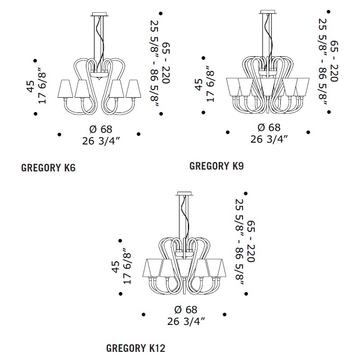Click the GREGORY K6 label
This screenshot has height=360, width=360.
(48, 168)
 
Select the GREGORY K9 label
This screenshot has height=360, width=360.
(216, 166)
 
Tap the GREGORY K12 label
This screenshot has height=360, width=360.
(136, 348)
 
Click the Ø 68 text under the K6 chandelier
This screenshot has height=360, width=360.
(101, 129)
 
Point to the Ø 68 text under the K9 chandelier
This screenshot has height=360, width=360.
(269, 127)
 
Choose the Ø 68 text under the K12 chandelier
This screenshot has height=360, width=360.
(186, 310)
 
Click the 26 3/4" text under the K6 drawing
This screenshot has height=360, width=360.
(101, 141)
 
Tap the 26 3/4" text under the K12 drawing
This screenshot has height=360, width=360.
(186, 321)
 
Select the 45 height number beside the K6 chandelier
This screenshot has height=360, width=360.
(31, 86)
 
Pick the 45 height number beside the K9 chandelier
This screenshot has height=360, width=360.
(199, 85)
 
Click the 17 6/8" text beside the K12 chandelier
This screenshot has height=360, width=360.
(127, 266)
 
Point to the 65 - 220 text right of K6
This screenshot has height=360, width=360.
(166, 63)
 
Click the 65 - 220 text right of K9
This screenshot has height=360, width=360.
(334, 61)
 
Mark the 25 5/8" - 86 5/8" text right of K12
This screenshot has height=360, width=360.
(239, 242)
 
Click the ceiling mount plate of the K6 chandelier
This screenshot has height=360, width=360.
(99, 14)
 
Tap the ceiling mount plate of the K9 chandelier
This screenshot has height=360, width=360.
(267, 12)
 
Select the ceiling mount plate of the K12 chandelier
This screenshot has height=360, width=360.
(184, 193)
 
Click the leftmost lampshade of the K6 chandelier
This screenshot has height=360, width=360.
(65, 89)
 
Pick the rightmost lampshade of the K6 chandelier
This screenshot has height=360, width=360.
(134, 89)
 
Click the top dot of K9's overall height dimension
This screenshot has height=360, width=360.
(329, 12)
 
